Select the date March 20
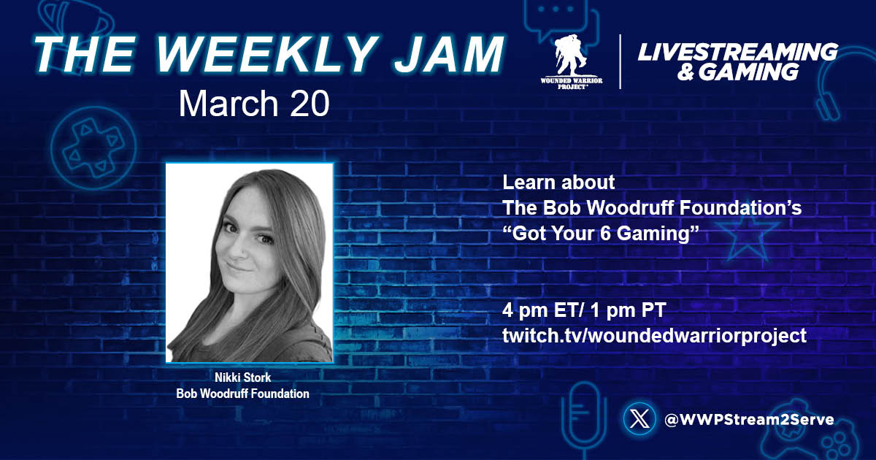tap(253, 104)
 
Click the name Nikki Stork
tap(242, 379)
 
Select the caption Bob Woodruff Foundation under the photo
tap(242, 394)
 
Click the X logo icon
tap(639, 420)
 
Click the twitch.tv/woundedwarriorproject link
tap(654, 336)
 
